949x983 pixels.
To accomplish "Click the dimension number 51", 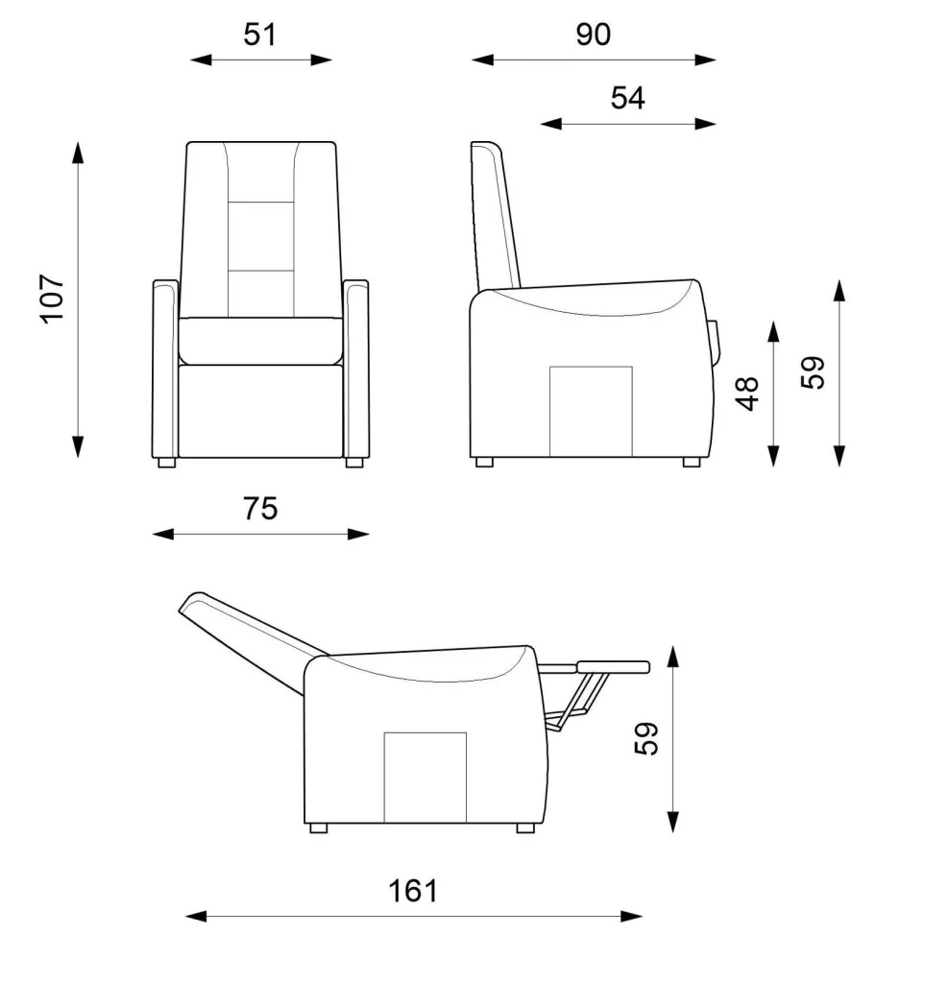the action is click(259, 35).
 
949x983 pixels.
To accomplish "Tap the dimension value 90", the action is click(594, 35).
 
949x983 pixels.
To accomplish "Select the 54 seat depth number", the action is click(628, 99).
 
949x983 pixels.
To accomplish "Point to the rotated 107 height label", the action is click(53, 300).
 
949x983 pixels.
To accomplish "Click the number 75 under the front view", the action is click(260, 509).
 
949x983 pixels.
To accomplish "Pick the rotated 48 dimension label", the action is click(747, 394).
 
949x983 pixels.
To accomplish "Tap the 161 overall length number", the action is click(413, 891).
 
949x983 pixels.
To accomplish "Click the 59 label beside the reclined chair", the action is click(646, 738).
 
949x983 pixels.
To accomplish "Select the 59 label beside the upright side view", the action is click(813, 372).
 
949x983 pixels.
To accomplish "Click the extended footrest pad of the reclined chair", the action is click(614, 666).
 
